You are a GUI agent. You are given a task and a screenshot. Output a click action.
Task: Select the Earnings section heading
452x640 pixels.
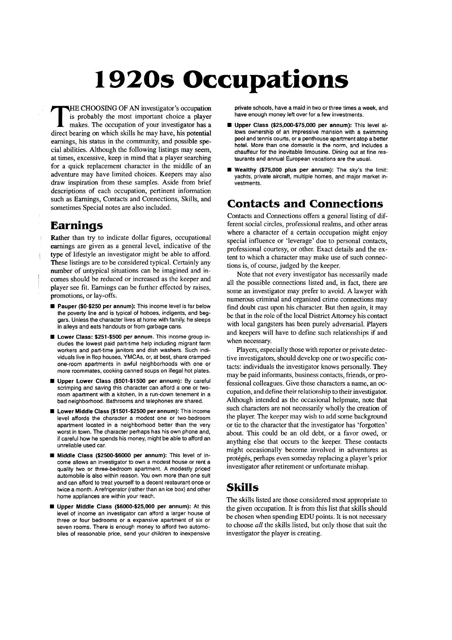click(77, 225)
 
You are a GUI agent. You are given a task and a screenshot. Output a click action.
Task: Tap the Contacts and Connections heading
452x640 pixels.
click(305, 203)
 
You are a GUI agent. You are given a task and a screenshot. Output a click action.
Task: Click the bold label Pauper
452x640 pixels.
click(65, 306)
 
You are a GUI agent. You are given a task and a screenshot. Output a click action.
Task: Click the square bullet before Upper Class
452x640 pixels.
click(229, 125)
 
